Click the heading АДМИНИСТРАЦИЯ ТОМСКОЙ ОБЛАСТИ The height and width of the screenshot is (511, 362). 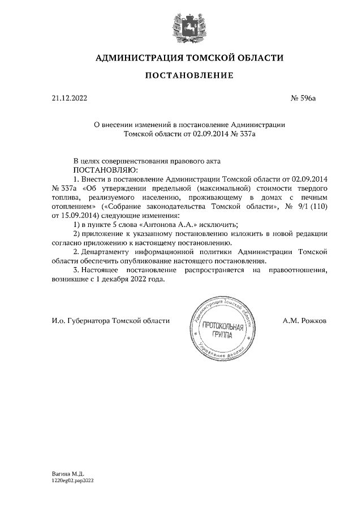[181, 58]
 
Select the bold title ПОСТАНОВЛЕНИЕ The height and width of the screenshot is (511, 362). [181, 76]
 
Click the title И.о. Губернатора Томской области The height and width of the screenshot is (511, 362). [110, 321]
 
